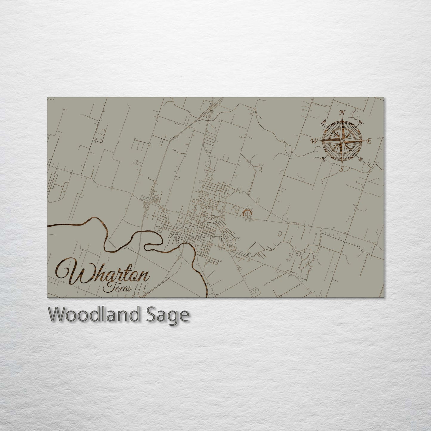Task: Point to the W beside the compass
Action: tap(315, 140)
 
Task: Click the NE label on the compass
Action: tap(361, 122)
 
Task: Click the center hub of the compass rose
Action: tap(342, 140)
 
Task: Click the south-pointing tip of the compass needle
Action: tap(342, 164)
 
